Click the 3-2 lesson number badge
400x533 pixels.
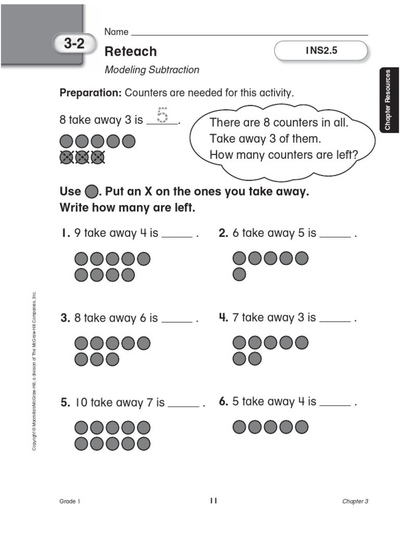click(74, 44)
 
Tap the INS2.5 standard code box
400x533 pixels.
click(321, 51)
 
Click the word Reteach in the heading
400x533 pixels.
click(130, 51)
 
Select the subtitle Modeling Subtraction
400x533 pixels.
click(152, 70)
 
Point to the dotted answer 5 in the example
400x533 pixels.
click(162, 115)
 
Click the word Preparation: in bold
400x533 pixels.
click(91, 93)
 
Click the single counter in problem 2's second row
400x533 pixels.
click(239, 274)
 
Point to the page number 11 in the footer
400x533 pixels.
click(213, 501)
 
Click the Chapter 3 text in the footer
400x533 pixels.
click(355, 501)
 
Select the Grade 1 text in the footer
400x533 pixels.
click(70, 501)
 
